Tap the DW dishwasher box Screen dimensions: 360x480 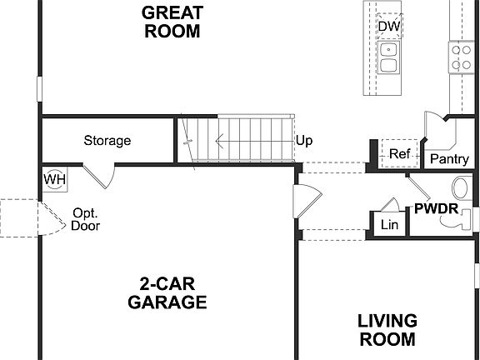[x=388, y=27]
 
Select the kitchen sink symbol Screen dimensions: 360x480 [x=388, y=57]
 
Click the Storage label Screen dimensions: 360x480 [x=107, y=140]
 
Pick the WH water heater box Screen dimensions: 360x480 [x=55, y=179]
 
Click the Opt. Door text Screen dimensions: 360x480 [x=86, y=218]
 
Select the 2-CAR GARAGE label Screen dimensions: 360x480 [x=167, y=292]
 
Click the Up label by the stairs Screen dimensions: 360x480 [x=304, y=140]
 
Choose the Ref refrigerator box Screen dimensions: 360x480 [x=400, y=154]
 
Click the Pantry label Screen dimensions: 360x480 [x=447, y=158]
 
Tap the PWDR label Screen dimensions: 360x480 [x=436, y=207]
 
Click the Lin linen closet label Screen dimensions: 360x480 [x=389, y=225]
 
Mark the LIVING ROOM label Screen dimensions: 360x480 [x=387, y=329]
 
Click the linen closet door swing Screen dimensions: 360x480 [x=389, y=205]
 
